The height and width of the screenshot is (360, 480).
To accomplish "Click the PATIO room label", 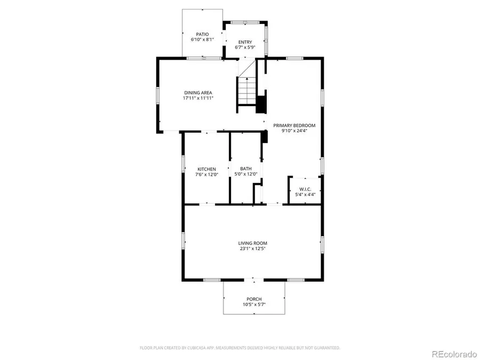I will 202,34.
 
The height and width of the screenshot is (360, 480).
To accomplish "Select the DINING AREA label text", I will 198,93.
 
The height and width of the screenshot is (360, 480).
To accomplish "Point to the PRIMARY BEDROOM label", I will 294,125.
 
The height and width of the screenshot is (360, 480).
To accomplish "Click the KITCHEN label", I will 206,169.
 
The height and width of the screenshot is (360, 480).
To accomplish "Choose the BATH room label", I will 246,169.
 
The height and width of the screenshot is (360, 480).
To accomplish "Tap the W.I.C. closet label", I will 306,189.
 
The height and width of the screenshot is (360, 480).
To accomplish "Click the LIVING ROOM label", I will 253,243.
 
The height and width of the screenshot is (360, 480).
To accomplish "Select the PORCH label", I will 254,299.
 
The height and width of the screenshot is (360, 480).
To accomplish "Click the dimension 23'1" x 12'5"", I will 253,249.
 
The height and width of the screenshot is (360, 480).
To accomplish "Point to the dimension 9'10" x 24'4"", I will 294,131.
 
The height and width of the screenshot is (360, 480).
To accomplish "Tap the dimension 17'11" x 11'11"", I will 198,98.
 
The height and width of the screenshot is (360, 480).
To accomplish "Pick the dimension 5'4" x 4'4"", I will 306,195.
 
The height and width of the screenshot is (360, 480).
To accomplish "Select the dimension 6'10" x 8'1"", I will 202,39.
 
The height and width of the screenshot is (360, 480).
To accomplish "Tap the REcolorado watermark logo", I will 454,354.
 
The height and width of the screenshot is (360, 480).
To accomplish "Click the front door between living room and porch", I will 254,279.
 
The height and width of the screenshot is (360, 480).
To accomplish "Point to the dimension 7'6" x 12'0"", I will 206,174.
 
